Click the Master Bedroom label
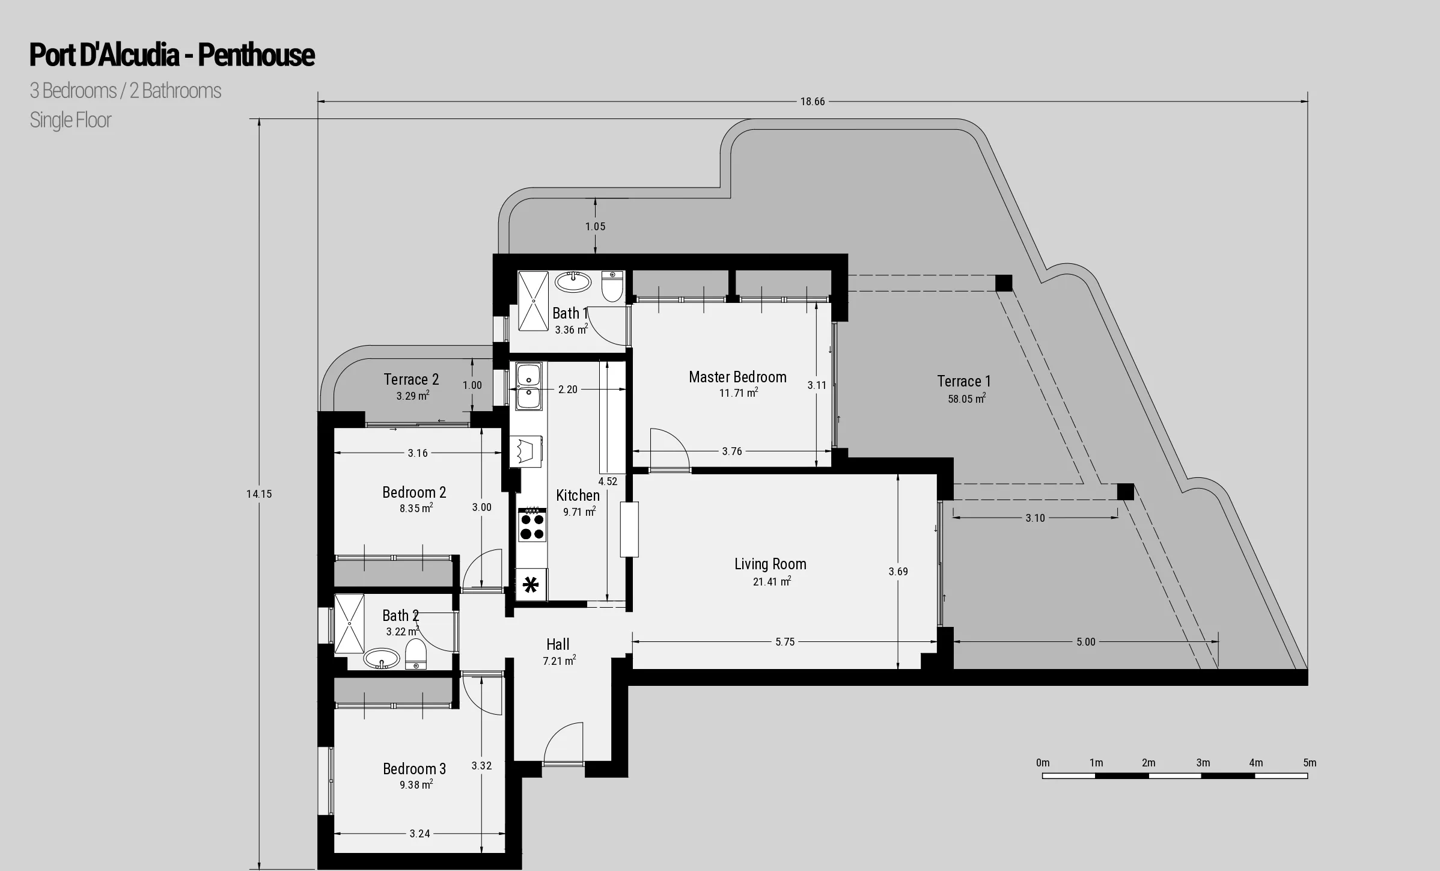tap(737, 377)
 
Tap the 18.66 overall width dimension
tap(812, 102)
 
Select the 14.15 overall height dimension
tap(259, 494)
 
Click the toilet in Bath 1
tap(612, 287)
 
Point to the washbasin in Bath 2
tap(382, 658)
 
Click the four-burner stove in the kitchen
tap(532, 525)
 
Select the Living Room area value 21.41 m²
tap(772, 581)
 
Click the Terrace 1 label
tap(963, 381)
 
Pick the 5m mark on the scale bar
tap(1310, 763)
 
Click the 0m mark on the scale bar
tap(1043, 763)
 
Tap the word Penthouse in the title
tap(256, 55)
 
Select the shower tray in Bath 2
tap(349, 623)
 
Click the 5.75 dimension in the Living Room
tap(785, 642)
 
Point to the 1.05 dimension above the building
tap(595, 227)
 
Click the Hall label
tap(558, 644)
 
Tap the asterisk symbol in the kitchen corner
tap(531, 585)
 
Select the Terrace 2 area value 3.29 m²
tap(412, 396)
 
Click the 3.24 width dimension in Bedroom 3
tap(419, 834)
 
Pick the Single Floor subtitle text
tap(70, 120)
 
